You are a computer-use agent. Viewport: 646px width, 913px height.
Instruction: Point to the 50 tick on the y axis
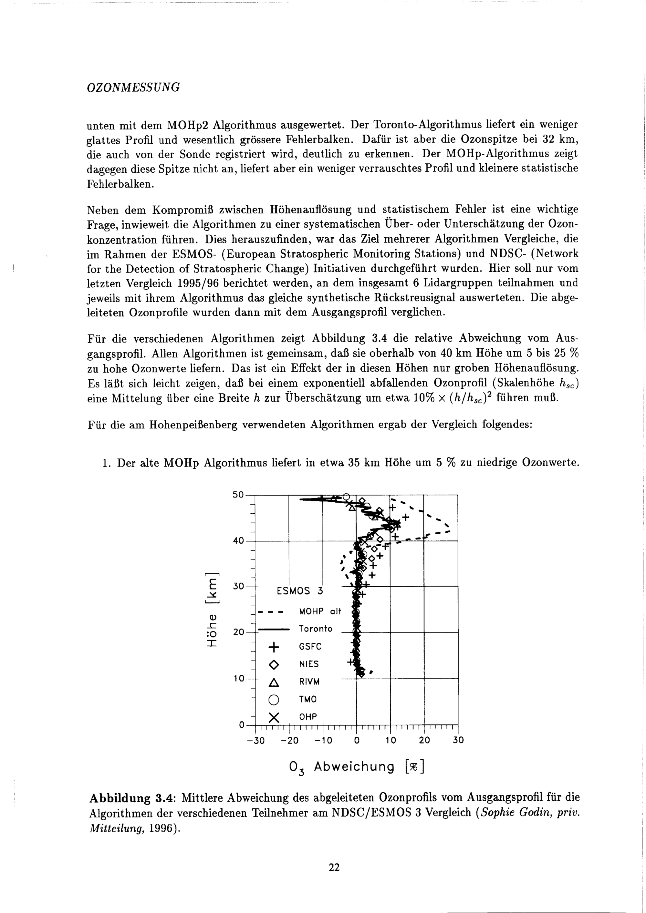point(238,495)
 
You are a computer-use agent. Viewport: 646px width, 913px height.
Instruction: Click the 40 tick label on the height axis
point(238,541)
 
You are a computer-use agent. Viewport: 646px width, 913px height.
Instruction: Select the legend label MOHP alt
point(320,611)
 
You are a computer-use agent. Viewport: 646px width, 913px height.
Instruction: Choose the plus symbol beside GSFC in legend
point(274,647)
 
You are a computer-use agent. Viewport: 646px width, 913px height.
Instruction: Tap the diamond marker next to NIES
point(274,664)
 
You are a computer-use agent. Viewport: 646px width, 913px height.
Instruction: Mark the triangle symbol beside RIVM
point(274,682)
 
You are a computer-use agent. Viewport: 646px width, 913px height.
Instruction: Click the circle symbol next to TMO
point(274,700)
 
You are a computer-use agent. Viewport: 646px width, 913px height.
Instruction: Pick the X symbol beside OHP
point(274,718)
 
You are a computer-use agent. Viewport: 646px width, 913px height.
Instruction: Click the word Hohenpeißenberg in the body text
point(193,425)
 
